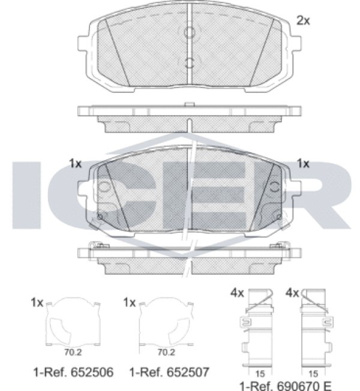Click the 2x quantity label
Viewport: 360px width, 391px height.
click(303, 21)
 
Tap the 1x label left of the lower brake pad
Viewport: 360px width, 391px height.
click(75, 164)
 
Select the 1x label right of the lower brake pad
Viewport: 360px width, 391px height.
click(303, 164)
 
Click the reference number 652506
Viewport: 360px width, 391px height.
click(92, 372)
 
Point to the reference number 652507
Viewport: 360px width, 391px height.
click(188, 372)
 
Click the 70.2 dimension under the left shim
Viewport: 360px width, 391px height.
click(73, 353)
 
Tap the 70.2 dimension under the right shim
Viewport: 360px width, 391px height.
click(166, 353)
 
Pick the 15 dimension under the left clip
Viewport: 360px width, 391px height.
click(260, 374)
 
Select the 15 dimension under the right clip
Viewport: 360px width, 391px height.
click(313, 374)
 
